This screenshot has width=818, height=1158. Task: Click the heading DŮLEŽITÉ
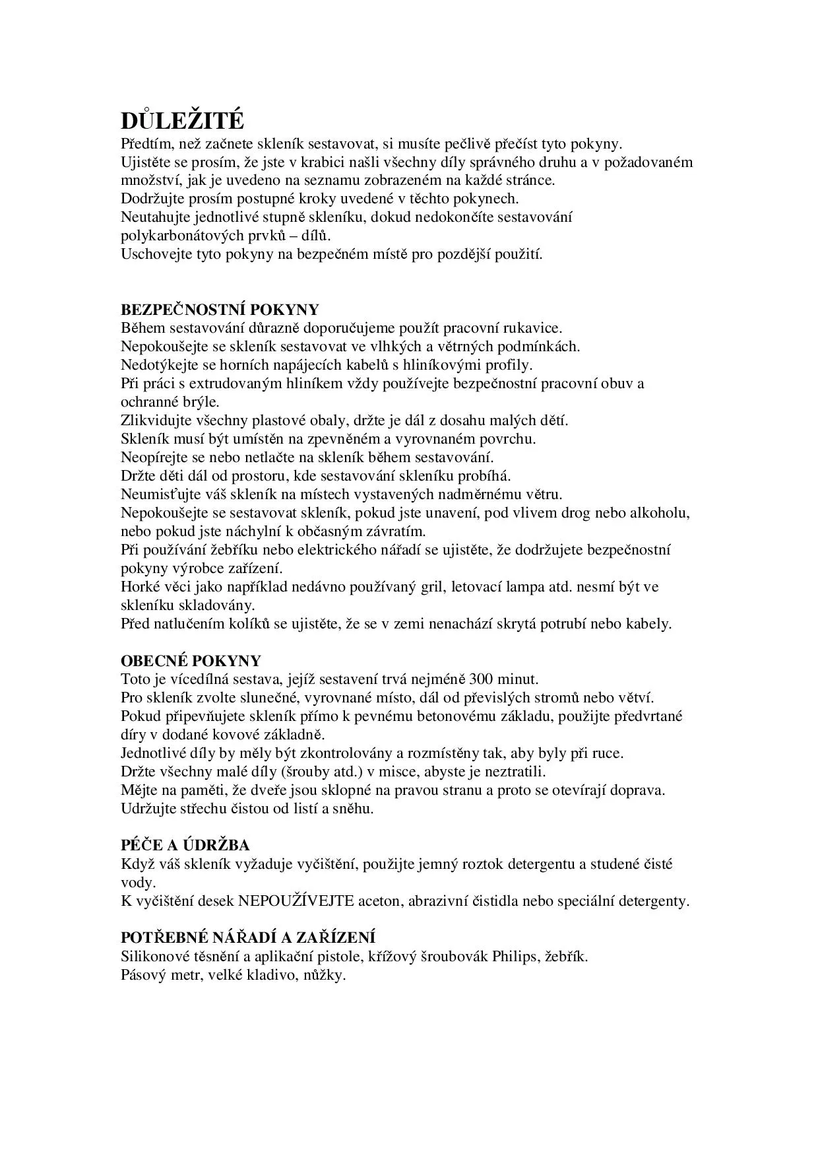coord(182,121)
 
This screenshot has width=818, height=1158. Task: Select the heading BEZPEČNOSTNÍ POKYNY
coord(220,310)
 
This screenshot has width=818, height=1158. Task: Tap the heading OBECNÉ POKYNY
coord(191,661)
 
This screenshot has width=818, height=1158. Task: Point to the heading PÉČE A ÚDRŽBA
coord(185,845)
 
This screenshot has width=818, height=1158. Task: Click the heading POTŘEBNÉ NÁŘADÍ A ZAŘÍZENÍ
coord(248,937)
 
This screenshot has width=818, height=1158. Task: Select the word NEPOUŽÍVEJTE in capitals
coord(296,901)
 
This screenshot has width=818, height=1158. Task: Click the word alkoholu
coord(661,513)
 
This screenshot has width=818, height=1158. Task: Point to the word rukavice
coord(533,328)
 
